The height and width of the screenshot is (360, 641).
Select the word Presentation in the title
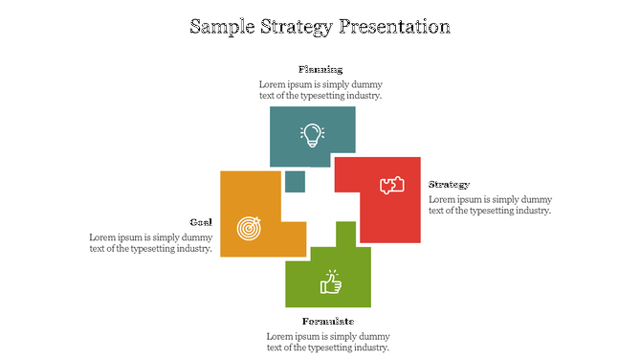click(x=395, y=26)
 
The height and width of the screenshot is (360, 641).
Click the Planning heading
click(x=320, y=69)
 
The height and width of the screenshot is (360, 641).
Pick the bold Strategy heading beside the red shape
click(x=449, y=184)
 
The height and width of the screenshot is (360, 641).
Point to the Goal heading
click(x=201, y=221)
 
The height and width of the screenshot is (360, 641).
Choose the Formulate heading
click(x=328, y=321)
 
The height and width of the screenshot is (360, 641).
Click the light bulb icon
click(x=312, y=134)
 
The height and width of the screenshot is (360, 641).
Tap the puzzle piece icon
click(x=392, y=186)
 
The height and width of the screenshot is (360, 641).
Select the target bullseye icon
click(x=248, y=228)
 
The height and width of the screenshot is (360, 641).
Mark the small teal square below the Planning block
click(x=295, y=181)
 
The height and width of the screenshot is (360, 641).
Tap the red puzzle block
click(x=392, y=215)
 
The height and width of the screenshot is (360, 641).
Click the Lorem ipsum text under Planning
click(x=320, y=90)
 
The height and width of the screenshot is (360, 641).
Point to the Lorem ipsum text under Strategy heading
click(x=489, y=205)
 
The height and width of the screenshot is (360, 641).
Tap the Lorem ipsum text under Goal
click(x=150, y=243)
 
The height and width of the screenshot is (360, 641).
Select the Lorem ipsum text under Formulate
click(x=328, y=342)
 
